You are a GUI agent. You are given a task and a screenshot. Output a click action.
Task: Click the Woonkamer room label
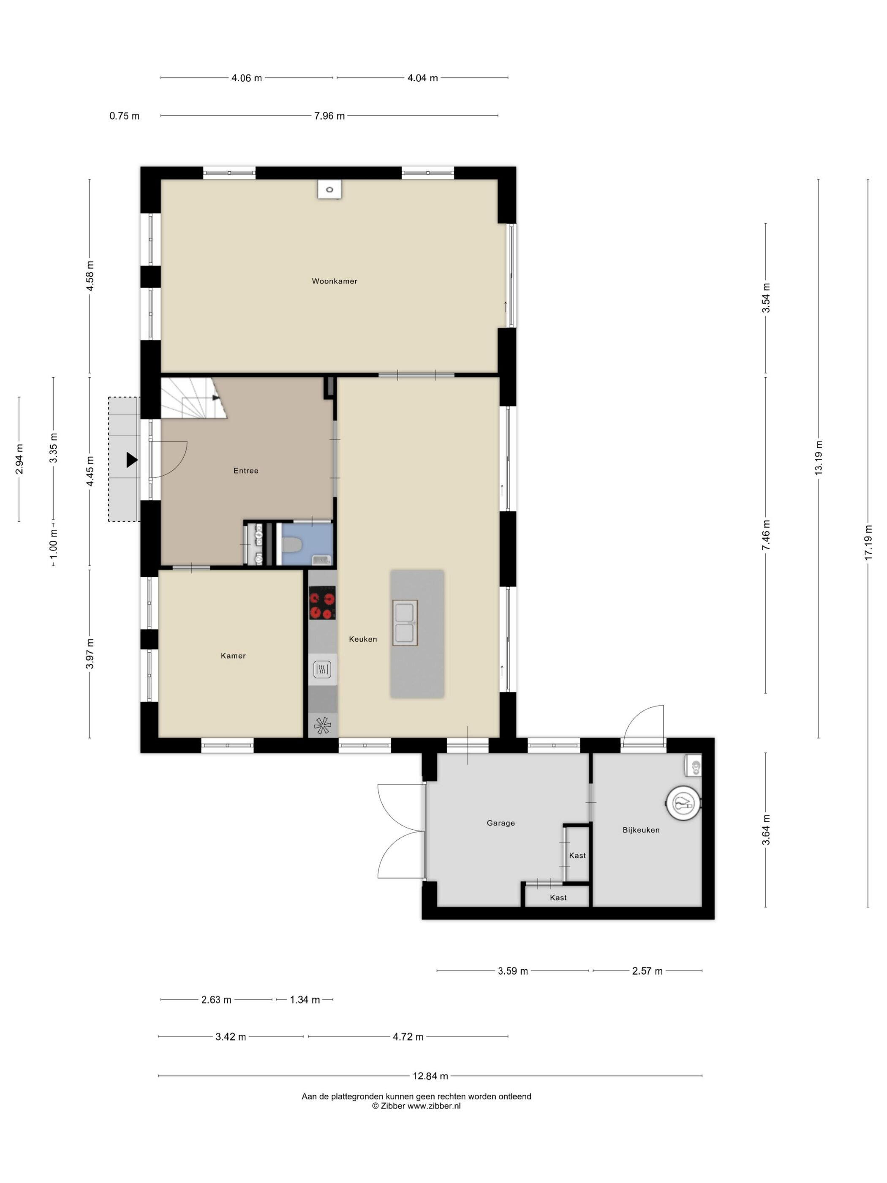point(334,281)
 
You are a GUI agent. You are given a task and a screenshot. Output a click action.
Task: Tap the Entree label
point(246,471)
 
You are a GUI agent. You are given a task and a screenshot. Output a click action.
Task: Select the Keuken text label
point(363,639)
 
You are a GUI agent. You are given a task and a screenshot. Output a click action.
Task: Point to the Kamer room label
point(233,656)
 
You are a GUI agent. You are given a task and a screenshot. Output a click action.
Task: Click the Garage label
point(501,823)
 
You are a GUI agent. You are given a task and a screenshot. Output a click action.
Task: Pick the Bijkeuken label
point(641,830)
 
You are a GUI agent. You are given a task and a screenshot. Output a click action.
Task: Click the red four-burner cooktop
point(322,603)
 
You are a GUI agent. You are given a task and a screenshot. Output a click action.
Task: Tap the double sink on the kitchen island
point(405,622)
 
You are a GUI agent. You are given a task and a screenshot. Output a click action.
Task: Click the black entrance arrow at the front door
point(131,460)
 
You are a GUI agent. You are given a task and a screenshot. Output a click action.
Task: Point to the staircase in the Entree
point(193,398)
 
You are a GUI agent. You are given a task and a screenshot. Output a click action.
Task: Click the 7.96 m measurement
point(329,115)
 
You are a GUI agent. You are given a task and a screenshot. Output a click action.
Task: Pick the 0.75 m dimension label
point(125,115)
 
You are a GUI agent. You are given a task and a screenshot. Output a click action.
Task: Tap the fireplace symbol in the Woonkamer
point(329,189)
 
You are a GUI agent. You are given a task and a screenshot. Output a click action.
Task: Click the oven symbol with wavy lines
point(322,669)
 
